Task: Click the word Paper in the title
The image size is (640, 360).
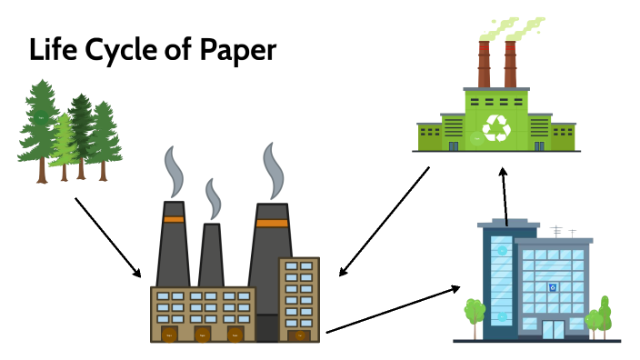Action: [x=229, y=50]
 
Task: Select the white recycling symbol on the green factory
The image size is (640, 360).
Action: [x=497, y=127]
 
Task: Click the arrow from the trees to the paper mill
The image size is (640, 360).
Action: [x=107, y=237]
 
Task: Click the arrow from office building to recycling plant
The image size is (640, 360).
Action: [x=505, y=194]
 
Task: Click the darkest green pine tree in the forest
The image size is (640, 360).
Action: [x=82, y=118]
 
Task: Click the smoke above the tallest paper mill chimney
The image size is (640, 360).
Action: [x=271, y=168]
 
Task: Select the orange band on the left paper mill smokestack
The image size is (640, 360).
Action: [x=173, y=219]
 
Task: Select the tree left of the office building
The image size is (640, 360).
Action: [x=473, y=314]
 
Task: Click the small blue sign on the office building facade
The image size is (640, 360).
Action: [x=552, y=287]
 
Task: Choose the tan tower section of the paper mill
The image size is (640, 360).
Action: [x=299, y=295]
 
